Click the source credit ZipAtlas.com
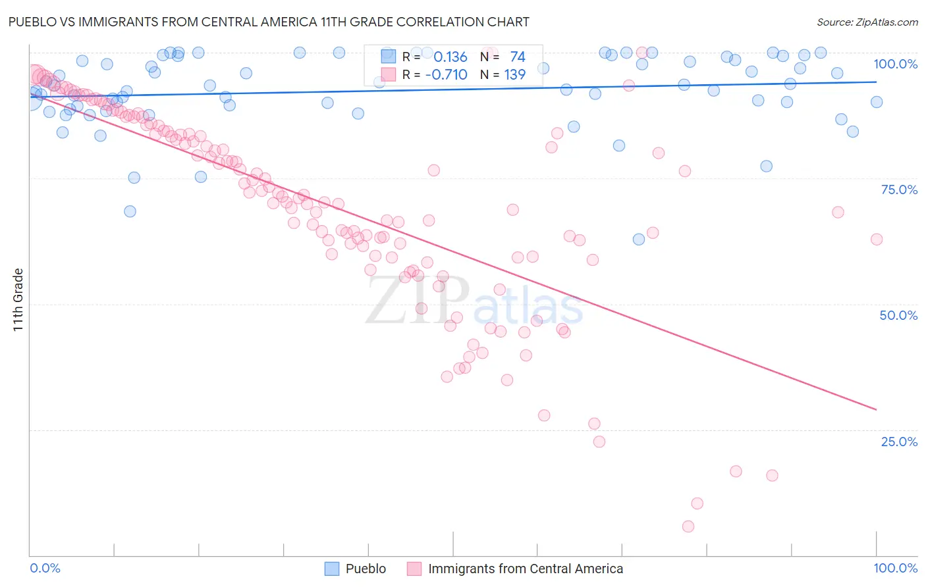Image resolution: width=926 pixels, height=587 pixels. tap(867, 22)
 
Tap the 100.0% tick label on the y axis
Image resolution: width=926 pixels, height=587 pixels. tap(895, 64)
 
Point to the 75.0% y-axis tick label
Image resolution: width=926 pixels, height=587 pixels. tap(899, 190)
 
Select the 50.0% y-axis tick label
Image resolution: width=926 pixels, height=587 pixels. tap(898, 315)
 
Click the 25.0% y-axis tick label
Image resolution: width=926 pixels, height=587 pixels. tap(899, 442)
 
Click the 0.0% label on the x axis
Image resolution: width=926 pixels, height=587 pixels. tap(45, 568)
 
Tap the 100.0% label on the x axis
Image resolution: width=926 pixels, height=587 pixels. tap(895, 568)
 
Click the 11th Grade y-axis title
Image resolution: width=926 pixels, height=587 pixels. tap(18, 299)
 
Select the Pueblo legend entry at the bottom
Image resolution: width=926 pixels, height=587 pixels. tap(366, 569)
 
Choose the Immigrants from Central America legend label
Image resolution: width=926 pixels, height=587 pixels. tap(525, 569)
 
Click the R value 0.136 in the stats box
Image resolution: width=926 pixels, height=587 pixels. tap(450, 57)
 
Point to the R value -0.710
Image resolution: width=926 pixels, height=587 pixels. tap(446, 75)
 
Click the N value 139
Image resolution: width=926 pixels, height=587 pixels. tap(514, 75)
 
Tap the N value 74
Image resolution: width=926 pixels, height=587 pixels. tap(517, 57)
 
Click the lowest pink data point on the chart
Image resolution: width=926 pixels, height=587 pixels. tap(688, 526)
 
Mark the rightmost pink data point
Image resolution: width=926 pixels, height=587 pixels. tap(877, 240)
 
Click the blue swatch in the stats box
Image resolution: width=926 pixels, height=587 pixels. tap(389, 57)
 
